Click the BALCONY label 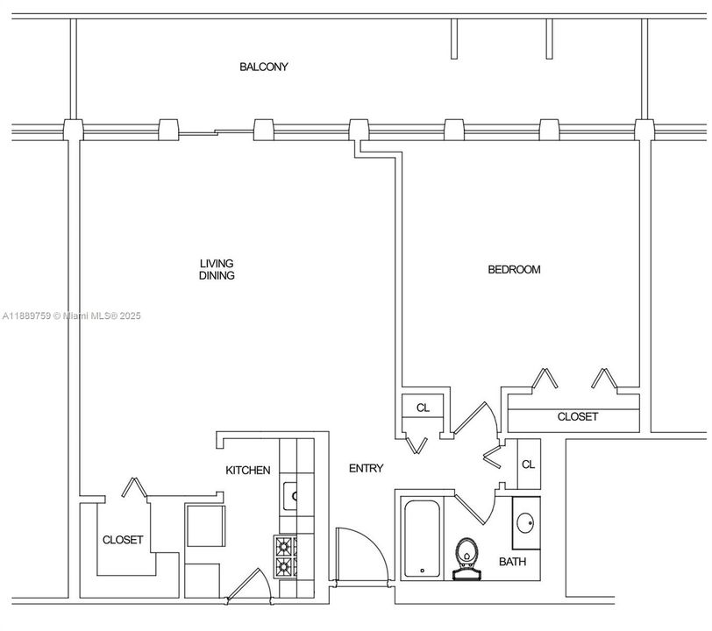264,67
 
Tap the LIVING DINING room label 217,269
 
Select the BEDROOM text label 514,269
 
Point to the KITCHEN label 248,471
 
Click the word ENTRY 366,469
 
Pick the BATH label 513,562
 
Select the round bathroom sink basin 525,524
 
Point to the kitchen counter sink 290,496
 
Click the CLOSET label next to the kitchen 123,540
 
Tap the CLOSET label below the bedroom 578,417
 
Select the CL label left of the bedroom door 423,408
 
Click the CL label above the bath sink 527,464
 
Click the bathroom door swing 474,509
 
